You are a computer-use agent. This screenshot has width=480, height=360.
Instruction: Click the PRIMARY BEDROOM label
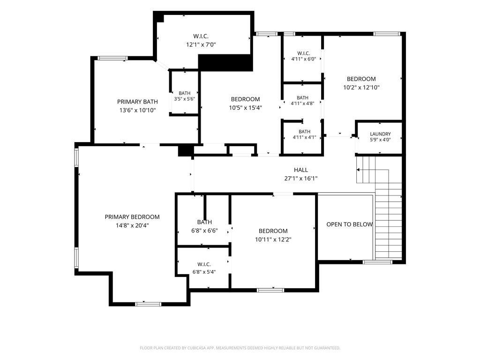click(132, 217)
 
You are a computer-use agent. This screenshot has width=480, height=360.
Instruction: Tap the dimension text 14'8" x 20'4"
click(132, 225)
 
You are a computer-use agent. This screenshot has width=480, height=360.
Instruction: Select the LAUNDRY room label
click(380, 134)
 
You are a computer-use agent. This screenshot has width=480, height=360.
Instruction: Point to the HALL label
click(301, 170)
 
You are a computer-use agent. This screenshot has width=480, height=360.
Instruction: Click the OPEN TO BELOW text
click(349, 225)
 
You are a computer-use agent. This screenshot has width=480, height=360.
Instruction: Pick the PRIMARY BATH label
click(137, 102)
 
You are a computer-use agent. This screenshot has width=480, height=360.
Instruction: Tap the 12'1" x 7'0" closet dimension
click(201, 45)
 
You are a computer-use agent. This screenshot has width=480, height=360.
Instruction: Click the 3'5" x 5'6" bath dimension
click(185, 99)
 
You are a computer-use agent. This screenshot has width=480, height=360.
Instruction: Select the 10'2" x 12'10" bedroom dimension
click(361, 88)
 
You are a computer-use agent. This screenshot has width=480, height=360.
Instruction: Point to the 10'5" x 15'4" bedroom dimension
click(246, 108)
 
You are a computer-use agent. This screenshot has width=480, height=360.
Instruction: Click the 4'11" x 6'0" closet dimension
click(304, 59)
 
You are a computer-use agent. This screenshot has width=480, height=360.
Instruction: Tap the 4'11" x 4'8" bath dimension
click(302, 104)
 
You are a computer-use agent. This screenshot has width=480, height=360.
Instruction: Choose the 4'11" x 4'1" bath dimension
click(304, 137)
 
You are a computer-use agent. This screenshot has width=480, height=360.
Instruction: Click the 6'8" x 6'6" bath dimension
click(204, 231)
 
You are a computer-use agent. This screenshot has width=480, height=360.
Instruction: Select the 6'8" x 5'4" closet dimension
click(204, 272)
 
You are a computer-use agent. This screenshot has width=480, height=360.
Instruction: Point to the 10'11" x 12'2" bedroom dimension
click(273, 240)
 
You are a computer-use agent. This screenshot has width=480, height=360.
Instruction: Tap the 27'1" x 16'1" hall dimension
click(301, 179)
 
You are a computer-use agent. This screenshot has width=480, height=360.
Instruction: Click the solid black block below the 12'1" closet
click(226, 63)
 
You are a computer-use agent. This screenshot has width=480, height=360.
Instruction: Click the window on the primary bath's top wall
click(112, 58)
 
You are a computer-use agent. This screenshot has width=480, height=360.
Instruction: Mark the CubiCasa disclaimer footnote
click(240, 348)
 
